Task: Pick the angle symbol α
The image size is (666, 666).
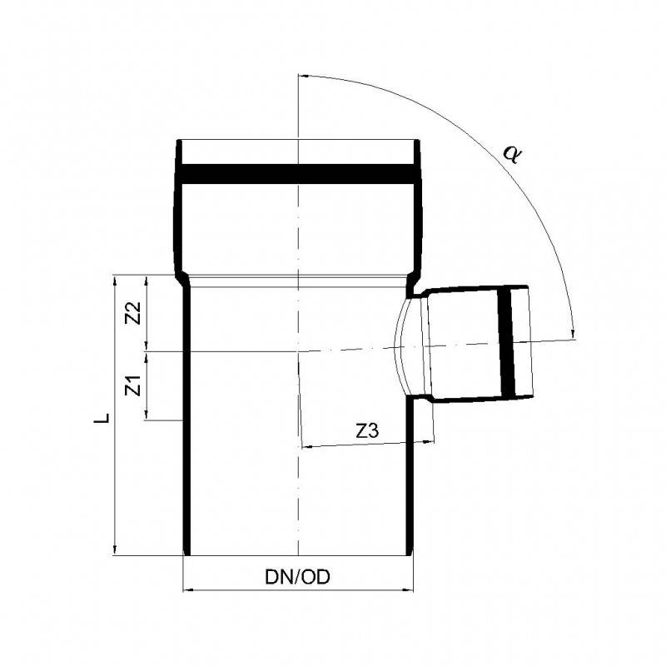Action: (x=509, y=153)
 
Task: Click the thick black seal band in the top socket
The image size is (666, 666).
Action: (x=297, y=174)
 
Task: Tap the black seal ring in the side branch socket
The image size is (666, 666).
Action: (x=506, y=342)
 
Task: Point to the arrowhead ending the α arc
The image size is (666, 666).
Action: (x=574, y=335)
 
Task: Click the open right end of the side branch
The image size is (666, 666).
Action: (x=529, y=343)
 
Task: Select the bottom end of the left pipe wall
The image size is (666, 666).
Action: (x=186, y=552)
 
